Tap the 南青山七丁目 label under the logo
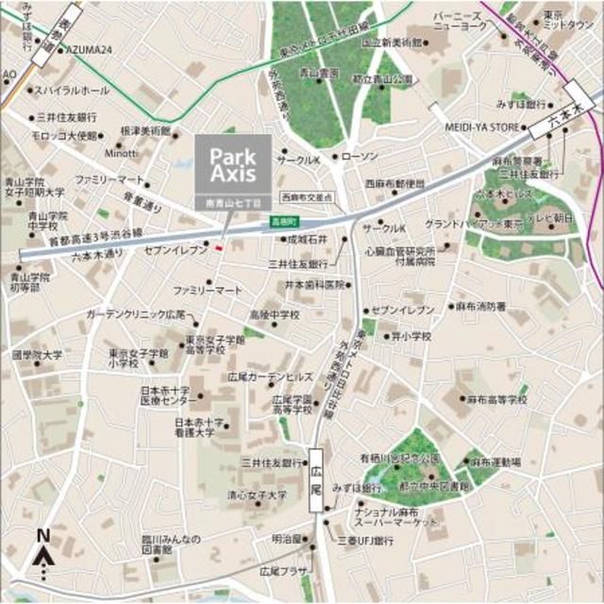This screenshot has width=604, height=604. [x=232, y=203]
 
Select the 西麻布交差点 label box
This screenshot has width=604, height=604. [x=308, y=198]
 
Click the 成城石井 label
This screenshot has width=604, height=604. [x=308, y=241]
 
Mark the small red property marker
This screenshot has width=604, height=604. [x=219, y=248]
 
